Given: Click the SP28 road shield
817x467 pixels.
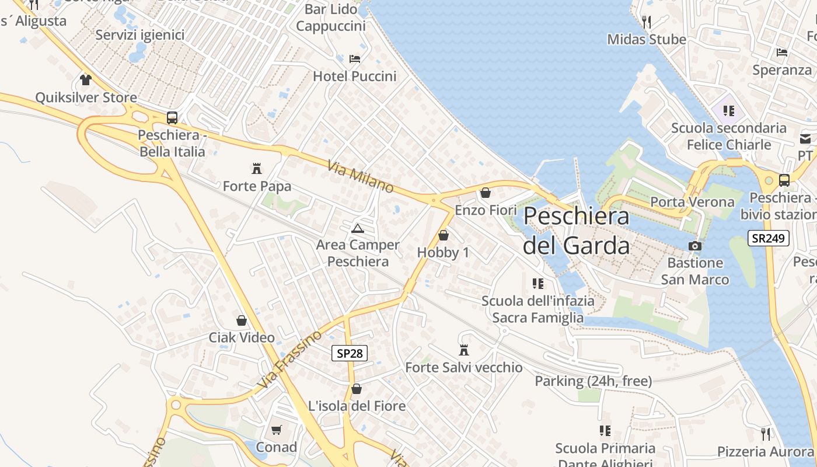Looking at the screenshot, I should coord(350,353).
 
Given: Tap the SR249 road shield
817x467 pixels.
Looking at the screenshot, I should coord(769,238).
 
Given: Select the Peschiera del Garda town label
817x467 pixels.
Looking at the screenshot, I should coord(576,231).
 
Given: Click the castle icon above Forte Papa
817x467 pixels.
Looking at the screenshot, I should coord(256,169).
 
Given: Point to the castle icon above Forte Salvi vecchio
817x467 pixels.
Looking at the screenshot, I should coord(464,350).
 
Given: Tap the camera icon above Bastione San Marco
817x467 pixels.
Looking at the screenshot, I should coord(694,246).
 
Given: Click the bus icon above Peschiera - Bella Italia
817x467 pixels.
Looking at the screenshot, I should coord(172,117).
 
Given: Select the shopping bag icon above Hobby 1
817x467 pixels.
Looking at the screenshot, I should coord(443,235).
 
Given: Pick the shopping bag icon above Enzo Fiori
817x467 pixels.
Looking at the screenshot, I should coord(485,193).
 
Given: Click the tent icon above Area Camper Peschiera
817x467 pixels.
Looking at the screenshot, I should coord(358,228).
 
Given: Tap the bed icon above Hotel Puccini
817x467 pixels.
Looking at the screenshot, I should coord(354,59).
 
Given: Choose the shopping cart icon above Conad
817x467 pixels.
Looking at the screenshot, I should coord(277,430).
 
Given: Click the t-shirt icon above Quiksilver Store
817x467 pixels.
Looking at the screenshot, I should coord(86,80).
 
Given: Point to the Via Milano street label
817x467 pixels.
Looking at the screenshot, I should coord(361,177).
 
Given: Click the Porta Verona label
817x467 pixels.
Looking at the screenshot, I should coord(692,202).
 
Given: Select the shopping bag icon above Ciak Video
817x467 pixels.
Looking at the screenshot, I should coord(242,320).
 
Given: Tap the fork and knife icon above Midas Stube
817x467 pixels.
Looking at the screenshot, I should coord(646,22).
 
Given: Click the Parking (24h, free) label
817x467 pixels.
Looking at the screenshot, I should coord(593,381).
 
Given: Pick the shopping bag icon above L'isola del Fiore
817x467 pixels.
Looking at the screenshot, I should coord(356,389).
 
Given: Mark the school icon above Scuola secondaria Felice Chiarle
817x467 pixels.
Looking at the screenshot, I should coord(728,110).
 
